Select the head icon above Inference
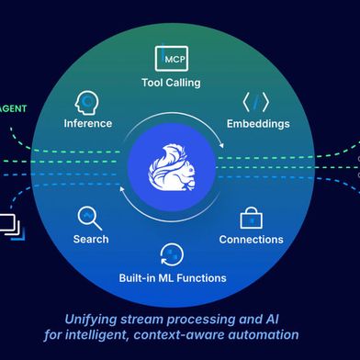pyautogui.click(x=88, y=101)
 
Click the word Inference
pyautogui.click(x=88, y=123)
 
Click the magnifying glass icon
pyautogui.click(x=90, y=218)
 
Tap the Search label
pyautogui.click(x=91, y=240)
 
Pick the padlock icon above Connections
pyautogui.click(x=251, y=218)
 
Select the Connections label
pyautogui.click(x=251, y=240)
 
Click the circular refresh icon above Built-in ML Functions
pyautogui.click(x=171, y=254)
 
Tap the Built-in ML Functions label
pyautogui.click(x=171, y=277)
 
